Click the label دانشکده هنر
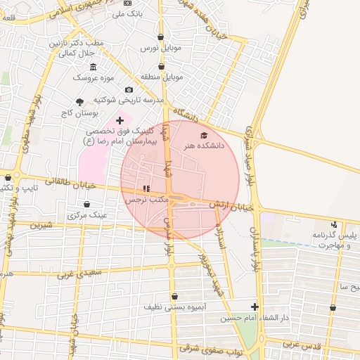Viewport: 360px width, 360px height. (202, 146)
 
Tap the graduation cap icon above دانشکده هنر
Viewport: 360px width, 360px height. (204, 135)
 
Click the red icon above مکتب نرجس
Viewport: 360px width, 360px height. (146, 188)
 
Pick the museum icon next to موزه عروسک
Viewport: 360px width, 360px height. (94, 66)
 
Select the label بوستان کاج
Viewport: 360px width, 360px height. (78, 112)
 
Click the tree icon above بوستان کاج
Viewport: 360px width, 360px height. (79, 101)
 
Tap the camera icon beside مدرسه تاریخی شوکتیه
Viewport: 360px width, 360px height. (129, 89)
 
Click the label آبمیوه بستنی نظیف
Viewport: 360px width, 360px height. (174, 308)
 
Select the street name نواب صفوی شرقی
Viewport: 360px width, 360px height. (209, 347)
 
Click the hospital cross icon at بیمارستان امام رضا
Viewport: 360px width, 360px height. (120, 121)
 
